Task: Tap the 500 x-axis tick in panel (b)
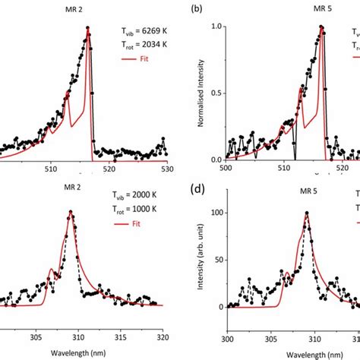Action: point(226,170)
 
